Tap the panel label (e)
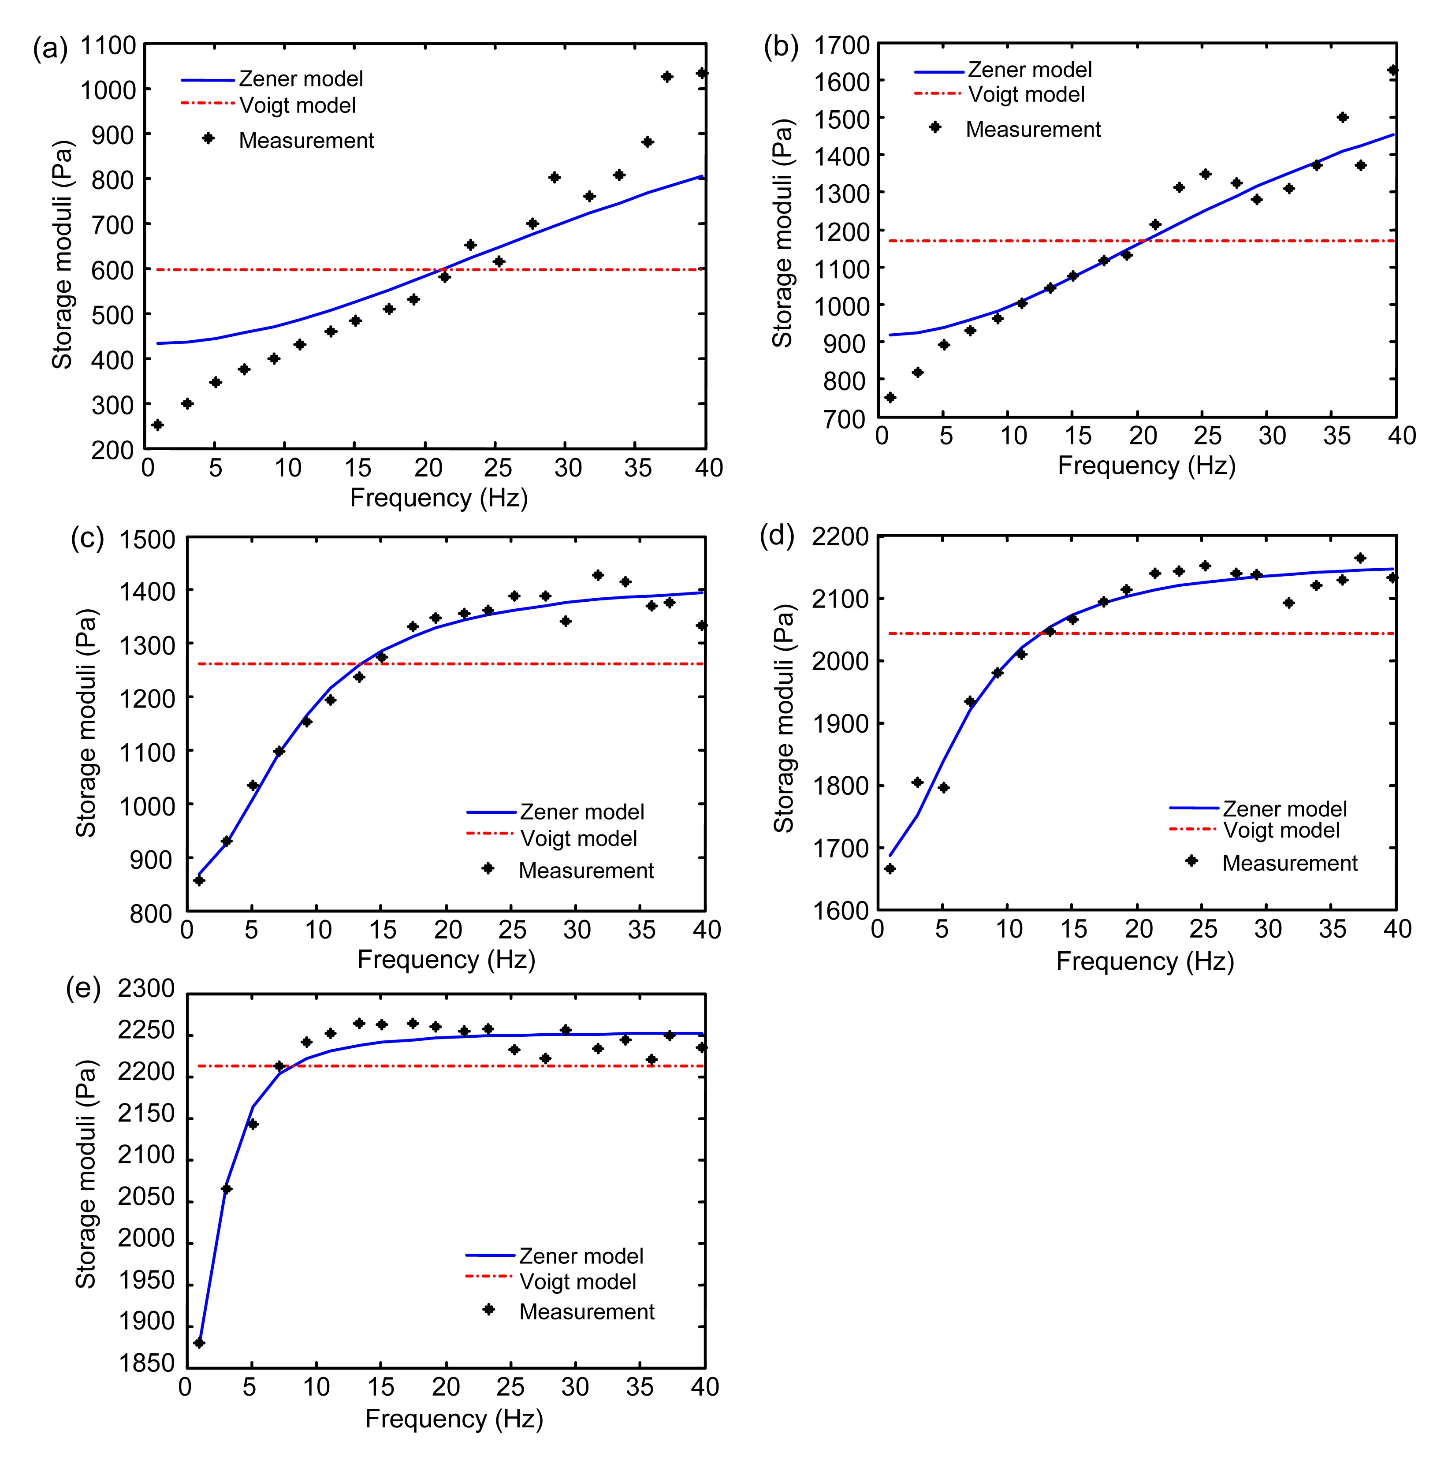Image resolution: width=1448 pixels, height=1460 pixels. click(83, 989)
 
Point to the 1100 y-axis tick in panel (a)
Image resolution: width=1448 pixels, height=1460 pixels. click(108, 46)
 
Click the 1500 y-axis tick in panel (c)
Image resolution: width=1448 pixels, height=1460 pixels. click(147, 540)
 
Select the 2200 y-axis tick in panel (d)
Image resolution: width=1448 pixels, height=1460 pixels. click(840, 537)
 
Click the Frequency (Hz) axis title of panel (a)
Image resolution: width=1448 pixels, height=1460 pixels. click(438, 498)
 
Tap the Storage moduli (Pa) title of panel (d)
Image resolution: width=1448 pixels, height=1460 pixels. click(784, 718)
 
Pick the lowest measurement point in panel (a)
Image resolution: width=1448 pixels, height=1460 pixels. click(157, 425)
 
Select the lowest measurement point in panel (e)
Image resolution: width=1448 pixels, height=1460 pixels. click(199, 1343)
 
